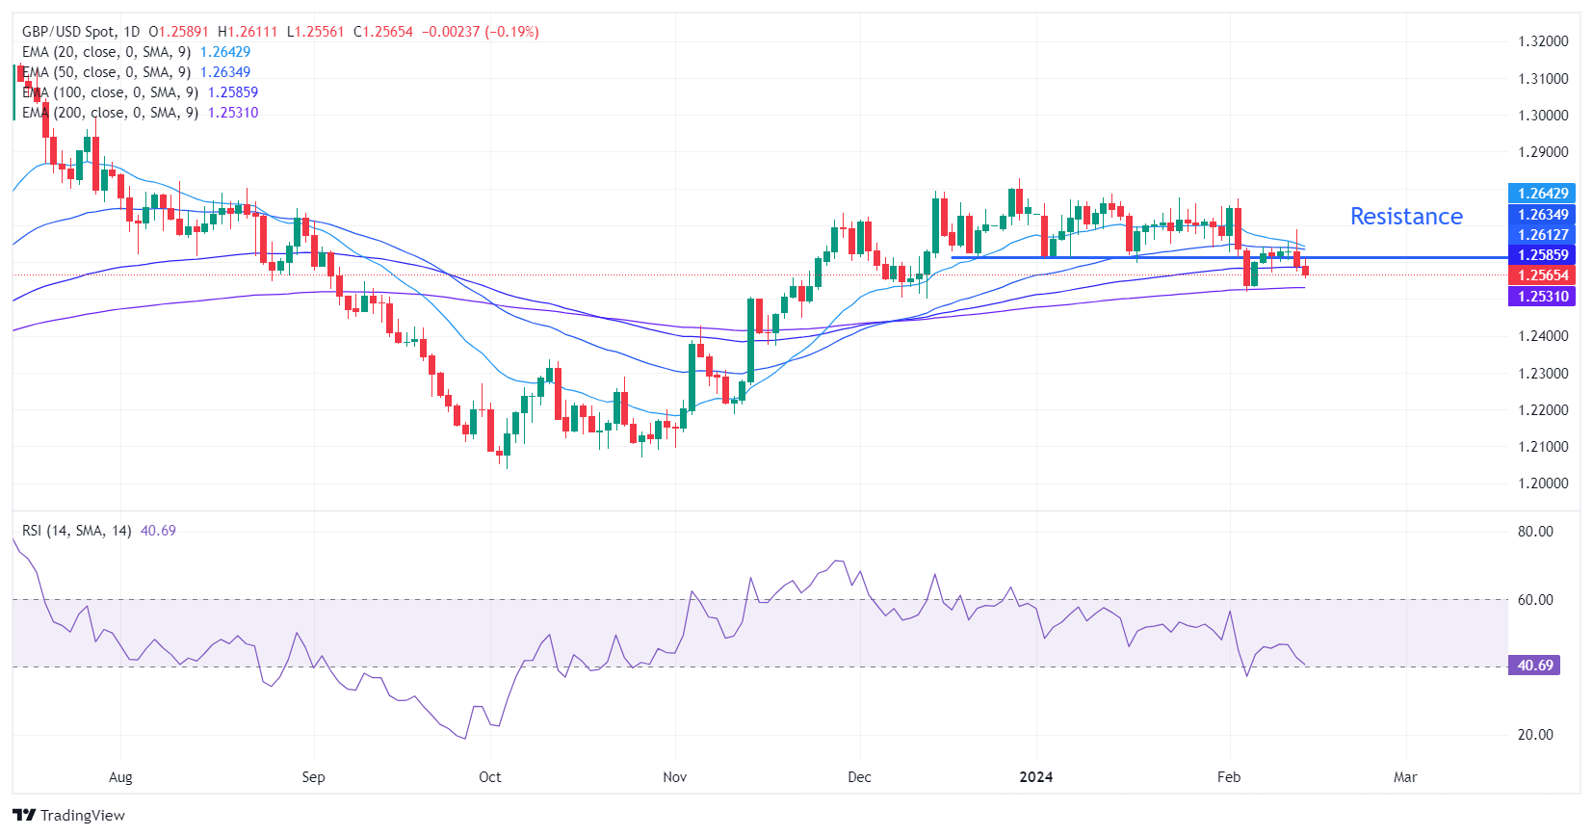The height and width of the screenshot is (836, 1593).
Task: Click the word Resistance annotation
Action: click(1405, 217)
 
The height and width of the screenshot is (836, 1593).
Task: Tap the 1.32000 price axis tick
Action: click(1543, 41)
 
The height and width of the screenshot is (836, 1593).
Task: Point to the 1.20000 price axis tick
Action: click(1543, 483)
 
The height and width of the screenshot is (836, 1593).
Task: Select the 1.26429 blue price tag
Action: click(1542, 194)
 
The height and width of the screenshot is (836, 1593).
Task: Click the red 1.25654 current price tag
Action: click(1542, 275)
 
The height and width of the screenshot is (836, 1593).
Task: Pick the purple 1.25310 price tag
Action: click(1542, 297)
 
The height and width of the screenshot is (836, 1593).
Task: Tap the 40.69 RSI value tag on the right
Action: click(1535, 666)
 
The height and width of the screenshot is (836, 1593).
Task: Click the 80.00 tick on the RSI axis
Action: click(1535, 532)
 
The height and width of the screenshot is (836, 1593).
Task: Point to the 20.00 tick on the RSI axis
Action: click(1535, 735)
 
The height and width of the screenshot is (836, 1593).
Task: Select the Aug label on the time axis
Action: click(120, 777)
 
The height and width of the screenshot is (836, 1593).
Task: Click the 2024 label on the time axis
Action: click(1036, 777)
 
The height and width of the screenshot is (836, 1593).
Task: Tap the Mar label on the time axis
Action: click(1405, 777)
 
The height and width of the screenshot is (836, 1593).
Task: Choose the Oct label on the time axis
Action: click(490, 777)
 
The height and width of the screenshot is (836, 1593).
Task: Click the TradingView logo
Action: click(69, 816)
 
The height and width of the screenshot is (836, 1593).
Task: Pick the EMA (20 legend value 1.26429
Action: click(225, 52)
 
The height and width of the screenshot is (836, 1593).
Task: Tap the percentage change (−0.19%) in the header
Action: click(512, 32)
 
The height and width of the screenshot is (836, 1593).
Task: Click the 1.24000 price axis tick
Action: click(1543, 336)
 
